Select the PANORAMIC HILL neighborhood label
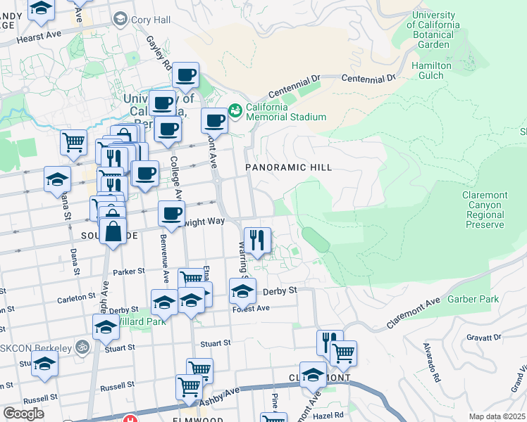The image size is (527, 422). [287, 167]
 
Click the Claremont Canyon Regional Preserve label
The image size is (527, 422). [484, 210]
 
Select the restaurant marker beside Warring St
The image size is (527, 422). [258, 240]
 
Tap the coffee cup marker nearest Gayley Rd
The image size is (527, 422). [186, 75]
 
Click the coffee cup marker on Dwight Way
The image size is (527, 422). [170, 214]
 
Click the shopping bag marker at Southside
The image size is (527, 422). [113, 231]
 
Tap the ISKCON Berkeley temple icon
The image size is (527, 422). [82, 347]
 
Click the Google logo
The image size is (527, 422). [24, 414]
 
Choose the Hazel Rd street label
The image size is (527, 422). [328, 415]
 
